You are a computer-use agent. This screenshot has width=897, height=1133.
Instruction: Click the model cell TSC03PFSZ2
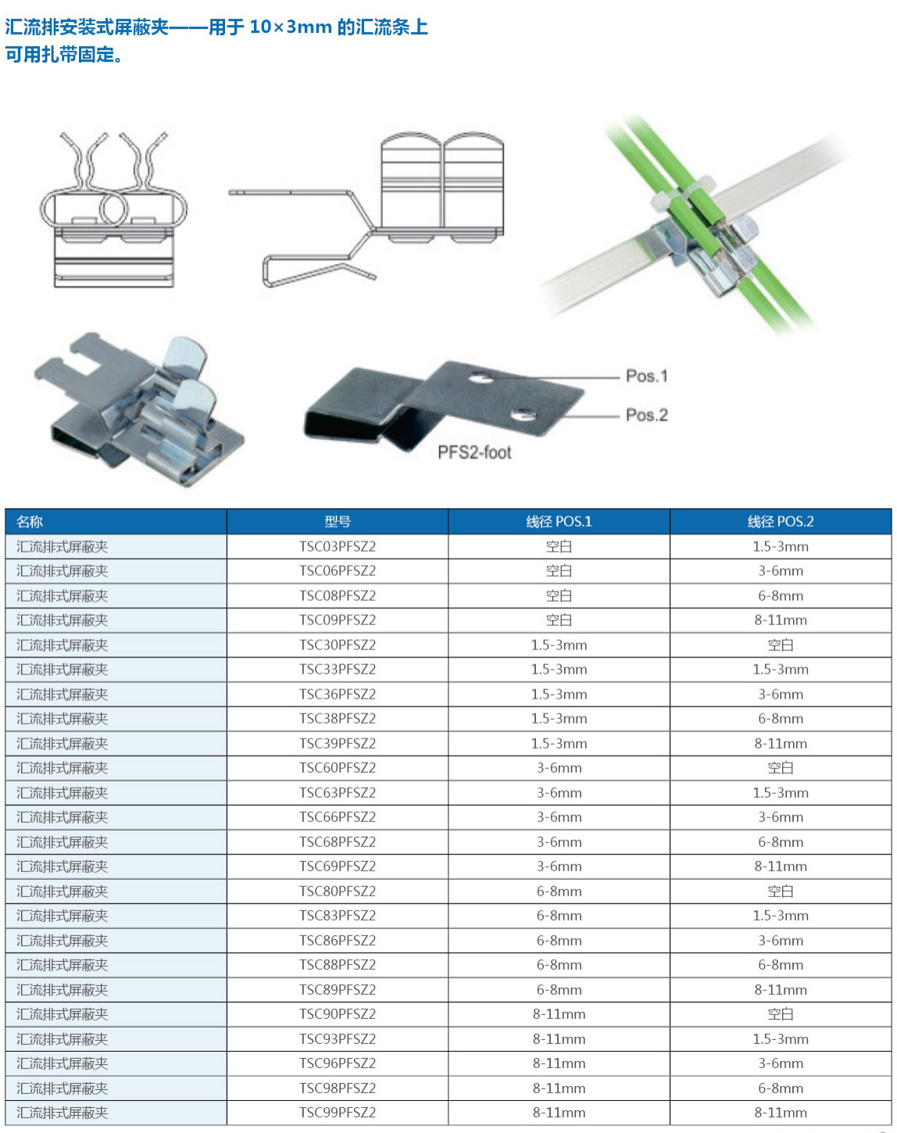338,546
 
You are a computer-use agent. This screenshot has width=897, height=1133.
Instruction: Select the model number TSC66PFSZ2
338,817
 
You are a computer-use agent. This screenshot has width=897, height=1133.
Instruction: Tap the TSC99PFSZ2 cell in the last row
338,1113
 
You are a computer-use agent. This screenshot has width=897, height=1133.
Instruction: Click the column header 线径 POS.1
559,521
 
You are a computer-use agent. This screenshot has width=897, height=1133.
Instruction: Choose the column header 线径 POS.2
781,521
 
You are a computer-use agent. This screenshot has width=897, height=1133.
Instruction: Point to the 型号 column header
338,521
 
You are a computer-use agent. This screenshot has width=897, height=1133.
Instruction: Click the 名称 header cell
30,521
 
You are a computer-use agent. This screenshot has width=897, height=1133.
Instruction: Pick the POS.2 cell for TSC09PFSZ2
781,620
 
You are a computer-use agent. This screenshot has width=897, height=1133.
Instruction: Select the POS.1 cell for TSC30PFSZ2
559,645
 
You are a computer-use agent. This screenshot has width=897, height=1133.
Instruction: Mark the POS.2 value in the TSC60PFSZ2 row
781,768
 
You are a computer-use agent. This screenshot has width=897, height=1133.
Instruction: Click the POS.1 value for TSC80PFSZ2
559,891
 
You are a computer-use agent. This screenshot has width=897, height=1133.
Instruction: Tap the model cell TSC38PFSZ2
338,719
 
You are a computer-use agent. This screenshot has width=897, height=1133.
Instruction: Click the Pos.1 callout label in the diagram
646,376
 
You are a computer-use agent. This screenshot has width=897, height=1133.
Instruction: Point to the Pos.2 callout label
646,415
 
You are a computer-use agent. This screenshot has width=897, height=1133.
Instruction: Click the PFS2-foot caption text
474,452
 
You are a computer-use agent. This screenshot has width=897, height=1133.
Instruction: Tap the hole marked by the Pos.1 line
481,379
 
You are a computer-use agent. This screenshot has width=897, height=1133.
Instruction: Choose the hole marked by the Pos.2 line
523,413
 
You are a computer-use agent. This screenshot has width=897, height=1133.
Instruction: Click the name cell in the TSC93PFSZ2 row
63,1039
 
